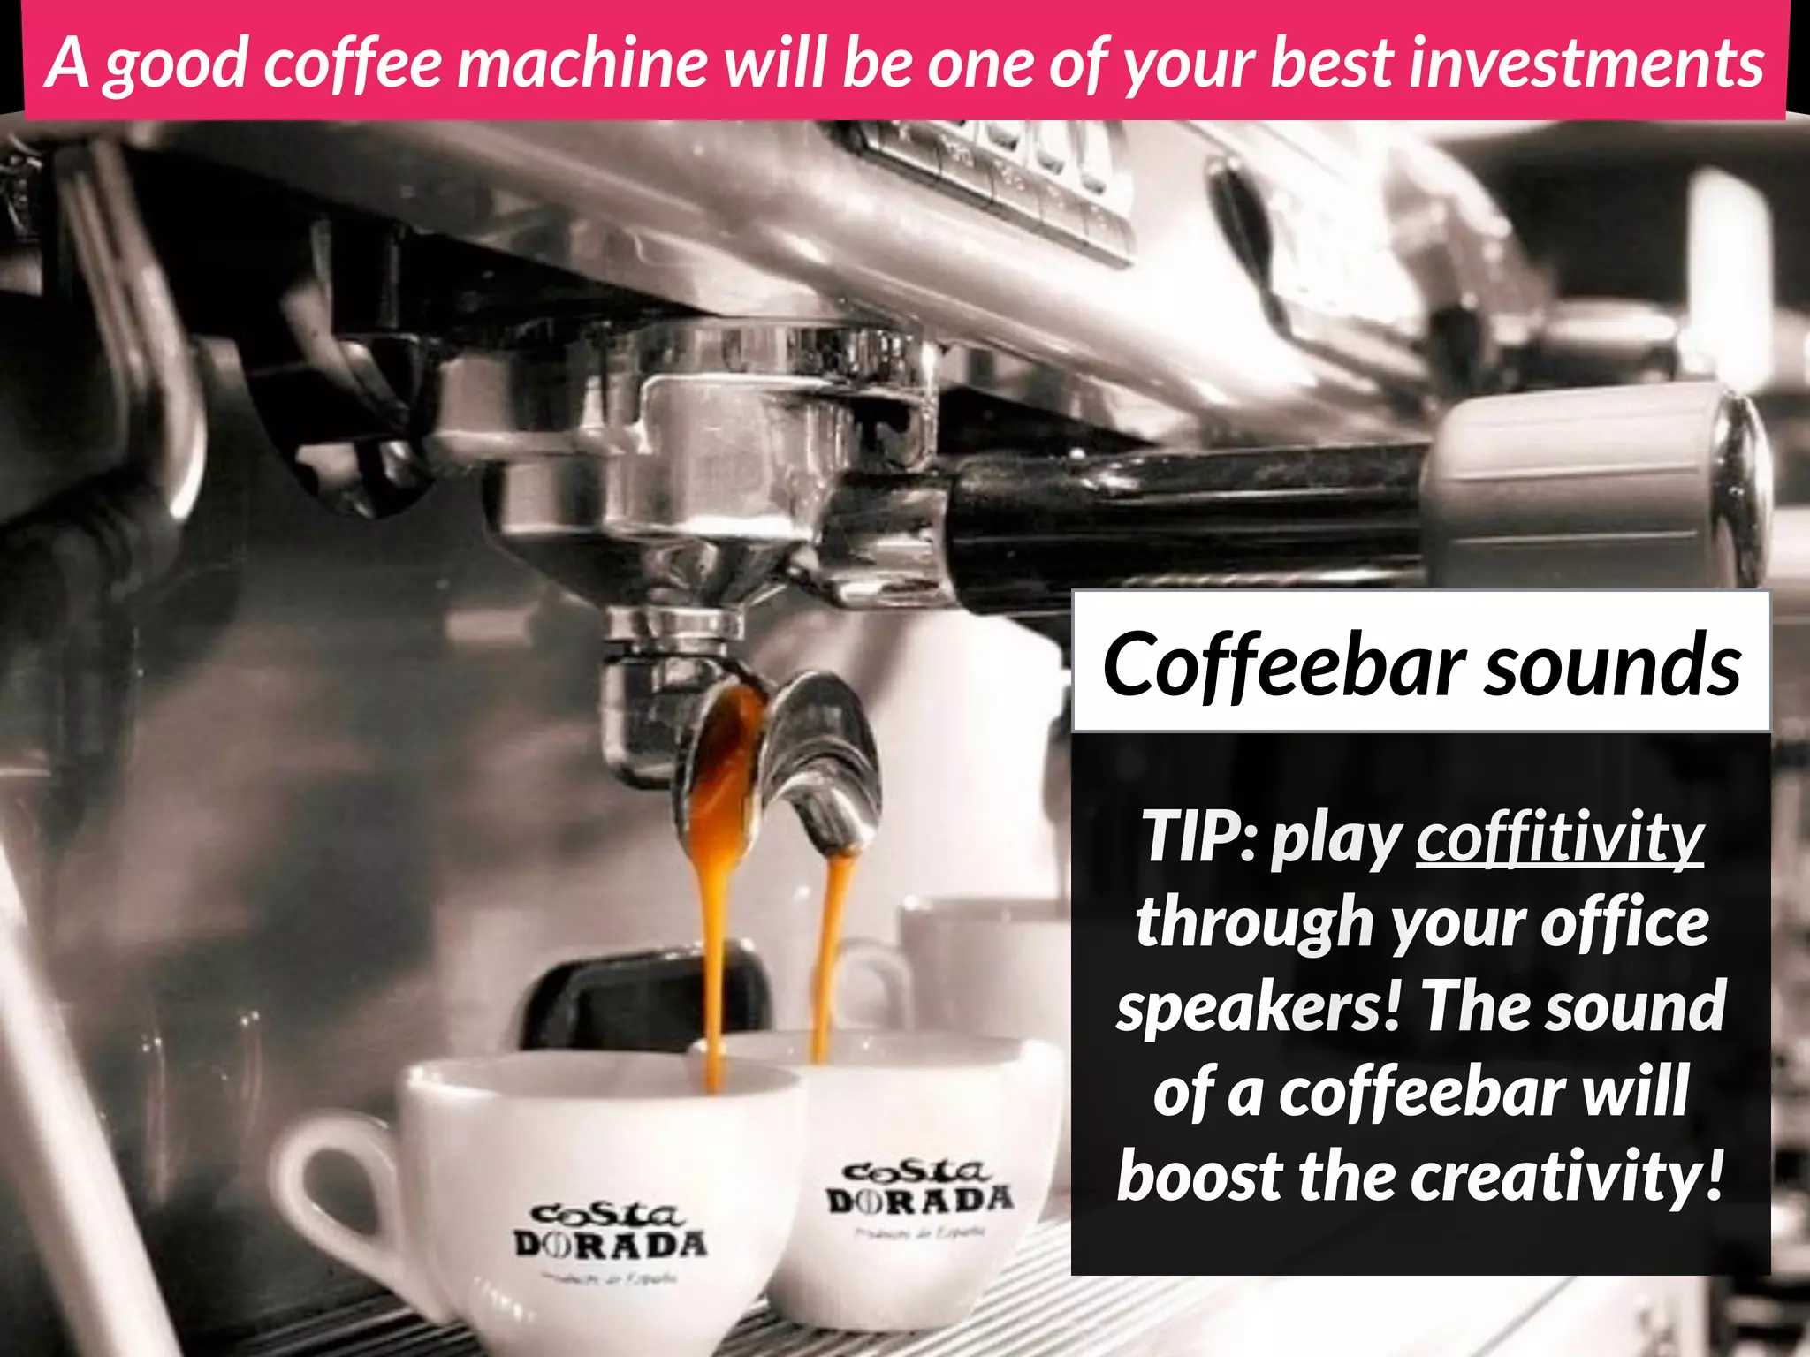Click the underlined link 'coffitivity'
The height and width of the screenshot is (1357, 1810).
(x=1560, y=838)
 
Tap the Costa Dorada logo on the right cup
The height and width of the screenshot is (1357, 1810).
(x=919, y=1188)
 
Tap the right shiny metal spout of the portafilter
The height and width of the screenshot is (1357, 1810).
(x=822, y=760)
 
